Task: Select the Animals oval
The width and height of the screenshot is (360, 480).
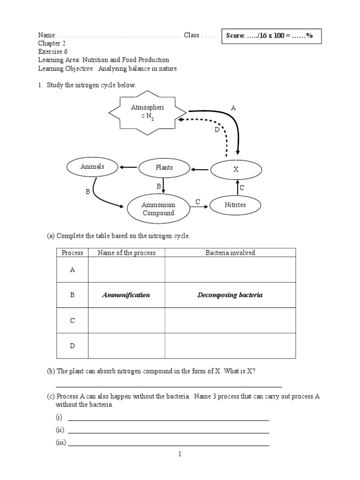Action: pos(92,167)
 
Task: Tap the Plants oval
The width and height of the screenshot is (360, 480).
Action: pos(164,167)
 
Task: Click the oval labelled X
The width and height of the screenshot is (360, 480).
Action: pos(236,170)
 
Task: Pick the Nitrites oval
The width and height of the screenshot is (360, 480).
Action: pos(235,205)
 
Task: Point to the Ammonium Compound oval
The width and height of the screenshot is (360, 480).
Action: pos(158,209)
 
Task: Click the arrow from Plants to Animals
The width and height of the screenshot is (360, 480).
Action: pos(127,167)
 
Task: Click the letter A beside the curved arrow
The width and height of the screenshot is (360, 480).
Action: pos(233,108)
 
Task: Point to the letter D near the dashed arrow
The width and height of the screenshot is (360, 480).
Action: pos(217,130)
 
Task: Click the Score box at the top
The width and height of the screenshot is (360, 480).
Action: pos(272,36)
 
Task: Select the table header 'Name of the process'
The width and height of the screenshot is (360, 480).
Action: pos(127,253)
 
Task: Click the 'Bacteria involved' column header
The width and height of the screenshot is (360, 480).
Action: pos(230,253)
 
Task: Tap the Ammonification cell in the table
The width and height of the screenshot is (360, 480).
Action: pos(127,295)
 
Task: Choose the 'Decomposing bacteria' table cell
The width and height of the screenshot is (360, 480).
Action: pos(230,295)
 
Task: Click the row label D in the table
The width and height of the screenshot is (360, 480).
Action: pos(73,346)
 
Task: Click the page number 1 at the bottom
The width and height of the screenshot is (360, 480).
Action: pos(180,454)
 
